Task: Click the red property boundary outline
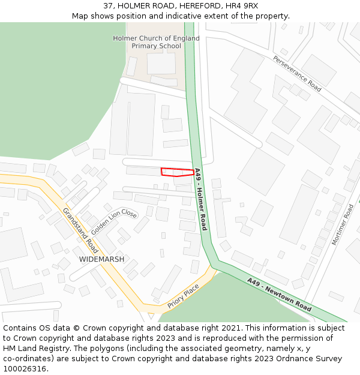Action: click(x=177, y=172)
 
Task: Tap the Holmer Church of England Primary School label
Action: click(x=156, y=42)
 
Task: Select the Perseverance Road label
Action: click(x=297, y=73)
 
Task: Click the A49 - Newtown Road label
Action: click(x=279, y=294)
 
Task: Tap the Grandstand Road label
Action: click(x=80, y=230)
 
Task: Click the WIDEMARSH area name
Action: click(x=101, y=259)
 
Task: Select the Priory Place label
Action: click(x=183, y=296)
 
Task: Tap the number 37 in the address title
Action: click(x=108, y=6)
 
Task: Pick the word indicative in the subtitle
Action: click(x=202, y=16)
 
